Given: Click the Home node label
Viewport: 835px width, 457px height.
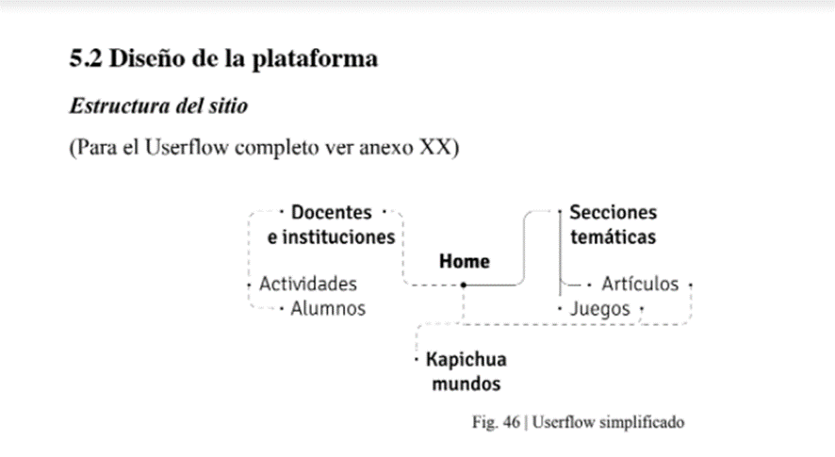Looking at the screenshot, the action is coord(465,261).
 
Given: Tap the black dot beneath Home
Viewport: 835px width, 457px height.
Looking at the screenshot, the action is coord(464,285).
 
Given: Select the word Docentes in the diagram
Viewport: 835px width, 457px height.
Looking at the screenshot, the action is coord(331,212).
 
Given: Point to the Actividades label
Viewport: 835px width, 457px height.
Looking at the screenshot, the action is coord(308,284).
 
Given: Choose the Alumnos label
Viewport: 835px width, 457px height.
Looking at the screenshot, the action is coord(328,308).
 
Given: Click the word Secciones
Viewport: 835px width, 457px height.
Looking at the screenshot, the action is coord(614,212).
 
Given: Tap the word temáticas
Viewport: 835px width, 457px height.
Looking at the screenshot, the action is coord(614,237).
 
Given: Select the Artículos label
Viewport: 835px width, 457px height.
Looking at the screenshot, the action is coord(640,284).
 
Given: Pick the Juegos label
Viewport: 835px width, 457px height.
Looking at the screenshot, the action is coord(600,309).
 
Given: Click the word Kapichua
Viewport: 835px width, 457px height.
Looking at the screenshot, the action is coord(466,360).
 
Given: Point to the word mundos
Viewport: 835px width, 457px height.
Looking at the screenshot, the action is coord(466,384).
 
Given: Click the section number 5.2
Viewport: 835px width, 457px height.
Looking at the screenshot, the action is coord(86,58).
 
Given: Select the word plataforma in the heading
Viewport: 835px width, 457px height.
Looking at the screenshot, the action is coord(315,59).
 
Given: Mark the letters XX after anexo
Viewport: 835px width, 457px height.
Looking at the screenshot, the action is coord(434,147).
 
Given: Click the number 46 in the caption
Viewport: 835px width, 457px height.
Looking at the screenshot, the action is coord(511,422).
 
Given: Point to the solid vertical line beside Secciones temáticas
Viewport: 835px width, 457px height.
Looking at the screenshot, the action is coord(560,253).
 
